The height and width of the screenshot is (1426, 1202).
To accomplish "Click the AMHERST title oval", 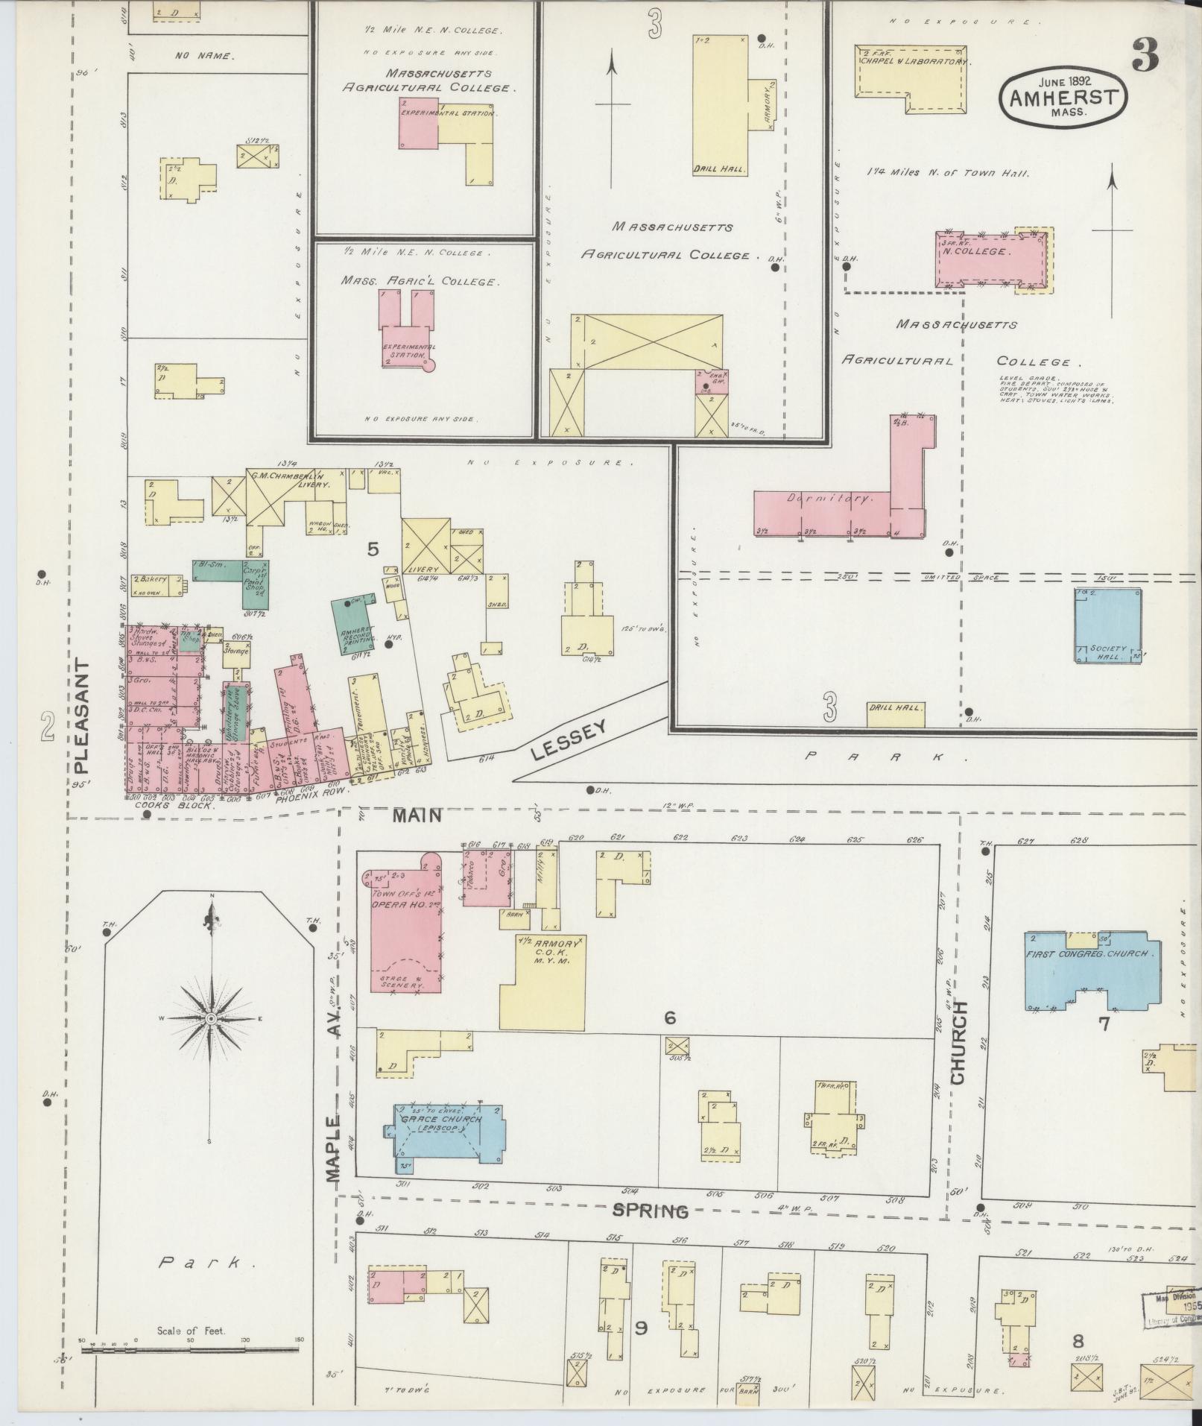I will [x=1063, y=96].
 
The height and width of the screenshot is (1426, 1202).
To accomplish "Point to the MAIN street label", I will [x=418, y=815].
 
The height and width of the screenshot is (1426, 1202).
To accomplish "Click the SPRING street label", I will [x=650, y=1211].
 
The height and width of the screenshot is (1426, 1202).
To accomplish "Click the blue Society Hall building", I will [x=1108, y=627].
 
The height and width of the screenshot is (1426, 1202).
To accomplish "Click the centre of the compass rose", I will [x=212, y=1018].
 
